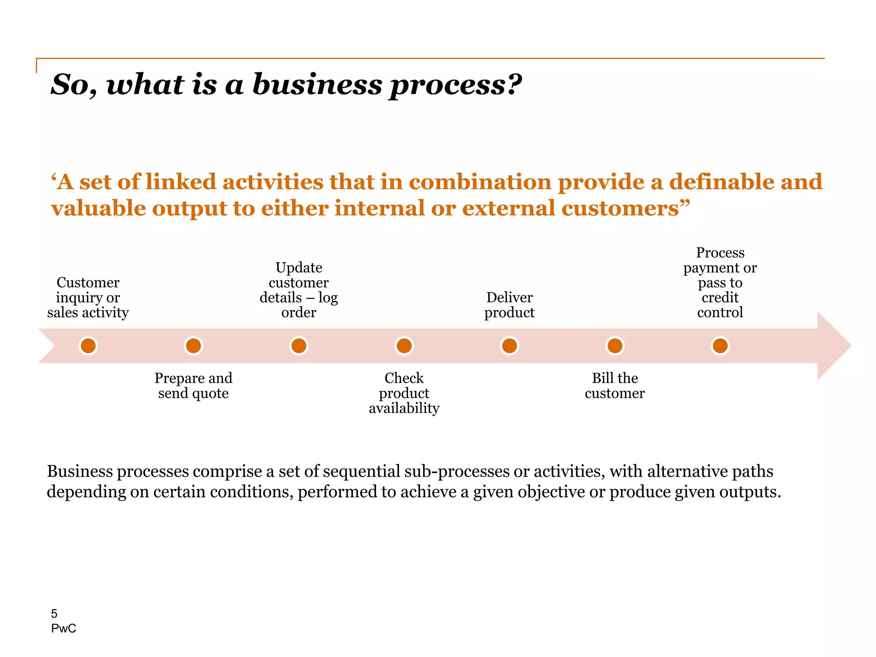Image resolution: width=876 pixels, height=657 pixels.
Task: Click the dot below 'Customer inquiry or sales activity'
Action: coord(88,346)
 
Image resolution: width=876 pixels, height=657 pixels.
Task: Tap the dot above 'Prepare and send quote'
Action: coord(193,346)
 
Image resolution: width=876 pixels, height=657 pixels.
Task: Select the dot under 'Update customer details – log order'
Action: coord(299,346)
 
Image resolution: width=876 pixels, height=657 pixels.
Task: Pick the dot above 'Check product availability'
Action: coord(404,346)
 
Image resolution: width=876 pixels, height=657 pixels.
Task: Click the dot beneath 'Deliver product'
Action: coord(509,346)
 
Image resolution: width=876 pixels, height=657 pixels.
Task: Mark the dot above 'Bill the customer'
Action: coord(615,346)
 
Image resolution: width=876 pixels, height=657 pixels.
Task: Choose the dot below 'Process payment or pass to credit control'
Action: coord(720,346)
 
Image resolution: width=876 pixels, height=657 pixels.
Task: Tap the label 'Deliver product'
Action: coord(509,305)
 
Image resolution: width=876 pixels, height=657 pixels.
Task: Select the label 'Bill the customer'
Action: coord(615,385)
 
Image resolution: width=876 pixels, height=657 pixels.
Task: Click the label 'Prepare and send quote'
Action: coord(193,385)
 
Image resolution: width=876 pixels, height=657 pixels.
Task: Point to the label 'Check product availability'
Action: coord(404,393)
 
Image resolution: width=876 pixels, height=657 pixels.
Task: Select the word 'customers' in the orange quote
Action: coord(620,208)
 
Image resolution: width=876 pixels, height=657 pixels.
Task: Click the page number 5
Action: coord(54,614)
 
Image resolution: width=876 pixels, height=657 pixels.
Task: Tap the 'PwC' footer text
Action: coord(63,628)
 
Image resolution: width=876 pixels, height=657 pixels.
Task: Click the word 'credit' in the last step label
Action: coord(720,297)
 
